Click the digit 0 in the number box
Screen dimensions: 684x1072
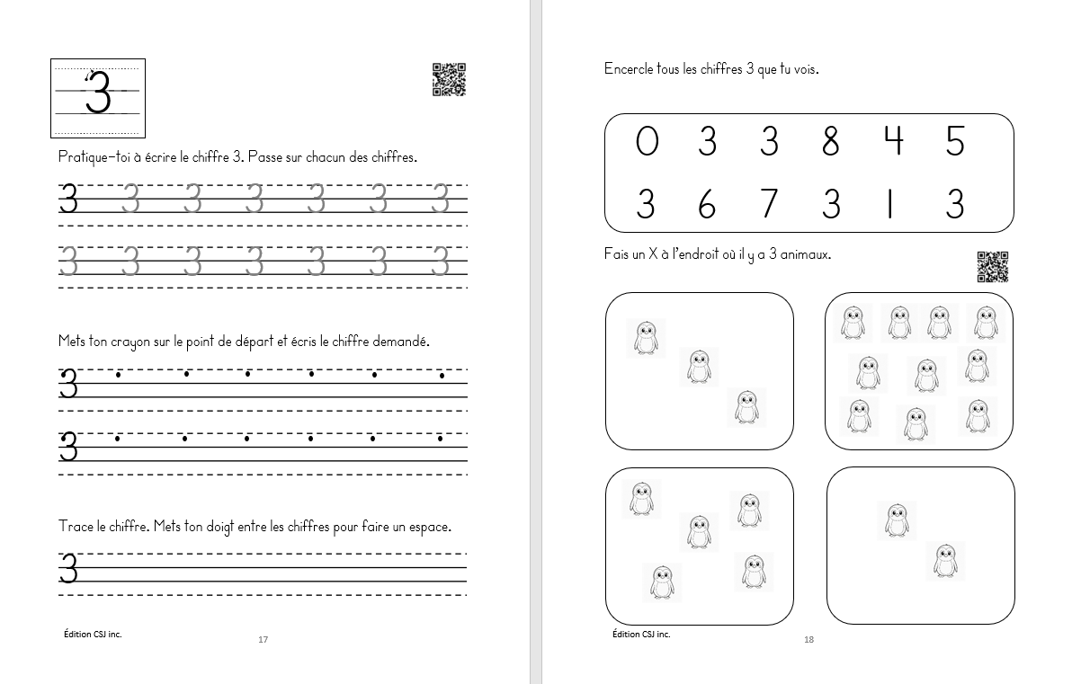[647, 142]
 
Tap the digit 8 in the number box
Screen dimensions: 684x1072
[830, 142]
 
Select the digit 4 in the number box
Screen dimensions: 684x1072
[892, 142]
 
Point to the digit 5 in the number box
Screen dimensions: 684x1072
[955, 142]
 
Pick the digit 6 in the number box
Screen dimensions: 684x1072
[707, 205]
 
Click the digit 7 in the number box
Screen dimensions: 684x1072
[768, 204]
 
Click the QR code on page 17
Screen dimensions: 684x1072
[449, 79]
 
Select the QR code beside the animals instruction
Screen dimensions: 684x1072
[992, 266]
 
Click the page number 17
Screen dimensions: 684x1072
[263, 640]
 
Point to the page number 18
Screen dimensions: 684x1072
[808, 640]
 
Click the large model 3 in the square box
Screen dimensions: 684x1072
[97, 93]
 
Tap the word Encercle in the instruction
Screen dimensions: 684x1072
[630, 69]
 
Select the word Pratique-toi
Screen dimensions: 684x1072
[93, 157]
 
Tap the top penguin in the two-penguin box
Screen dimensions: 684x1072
[897, 520]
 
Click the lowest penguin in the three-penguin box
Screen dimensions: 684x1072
[746, 406]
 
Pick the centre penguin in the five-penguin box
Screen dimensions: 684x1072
[698, 531]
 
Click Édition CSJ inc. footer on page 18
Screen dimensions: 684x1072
[640, 634]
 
